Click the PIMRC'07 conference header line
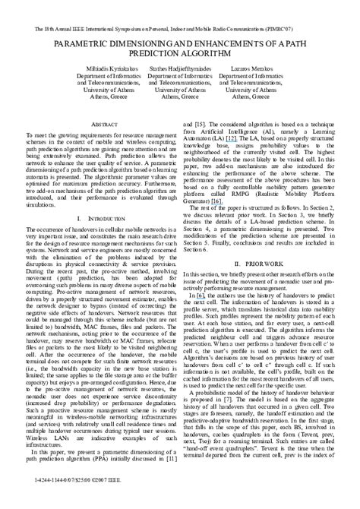[179, 10]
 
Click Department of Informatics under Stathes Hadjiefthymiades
[179, 75]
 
